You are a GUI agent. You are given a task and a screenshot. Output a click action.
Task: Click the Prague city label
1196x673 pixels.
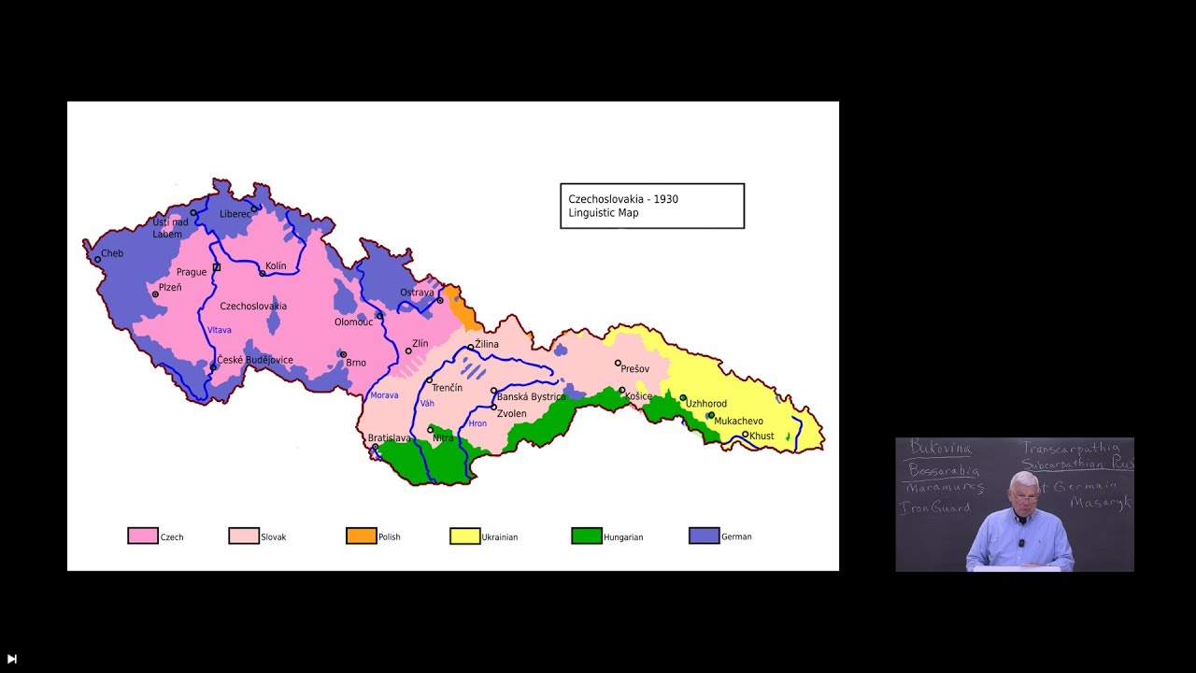click(x=192, y=272)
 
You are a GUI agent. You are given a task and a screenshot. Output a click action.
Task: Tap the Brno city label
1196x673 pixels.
click(x=356, y=363)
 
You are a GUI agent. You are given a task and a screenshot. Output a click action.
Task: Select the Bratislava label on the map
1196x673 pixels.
click(x=389, y=437)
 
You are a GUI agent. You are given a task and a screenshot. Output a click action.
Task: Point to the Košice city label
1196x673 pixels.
click(x=638, y=396)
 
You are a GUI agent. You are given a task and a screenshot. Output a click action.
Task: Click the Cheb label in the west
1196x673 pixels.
click(x=111, y=253)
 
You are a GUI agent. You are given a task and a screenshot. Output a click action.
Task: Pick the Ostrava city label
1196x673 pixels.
click(x=417, y=293)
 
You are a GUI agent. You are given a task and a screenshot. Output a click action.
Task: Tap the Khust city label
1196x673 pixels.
click(x=762, y=436)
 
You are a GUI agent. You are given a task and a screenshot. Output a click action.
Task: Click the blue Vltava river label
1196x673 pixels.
click(x=220, y=330)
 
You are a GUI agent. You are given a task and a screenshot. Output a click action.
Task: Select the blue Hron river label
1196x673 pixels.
click(x=477, y=423)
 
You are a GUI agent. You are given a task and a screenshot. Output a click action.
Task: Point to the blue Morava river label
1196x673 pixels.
click(x=384, y=395)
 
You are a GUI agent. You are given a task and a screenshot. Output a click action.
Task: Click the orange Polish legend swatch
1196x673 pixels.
click(x=361, y=536)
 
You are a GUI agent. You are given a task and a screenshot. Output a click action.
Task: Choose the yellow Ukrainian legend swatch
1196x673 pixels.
click(x=464, y=536)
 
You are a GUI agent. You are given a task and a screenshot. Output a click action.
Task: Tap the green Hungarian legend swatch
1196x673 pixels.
click(x=587, y=536)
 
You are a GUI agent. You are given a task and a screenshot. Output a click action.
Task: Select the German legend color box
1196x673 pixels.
click(x=704, y=536)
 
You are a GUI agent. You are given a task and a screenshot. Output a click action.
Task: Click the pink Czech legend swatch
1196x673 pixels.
click(x=143, y=536)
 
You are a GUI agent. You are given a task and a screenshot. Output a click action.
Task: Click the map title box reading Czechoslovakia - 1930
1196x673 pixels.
click(x=651, y=206)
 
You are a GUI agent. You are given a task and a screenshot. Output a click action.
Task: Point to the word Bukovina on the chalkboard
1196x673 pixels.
click(x=940, y=449)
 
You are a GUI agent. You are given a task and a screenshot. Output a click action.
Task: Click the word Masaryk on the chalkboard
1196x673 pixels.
click(x=1102, y=503)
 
